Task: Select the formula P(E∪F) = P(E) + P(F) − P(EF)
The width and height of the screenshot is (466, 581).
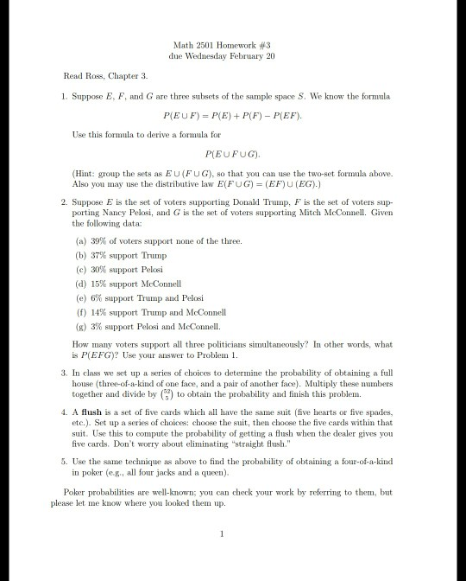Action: pos(233,113)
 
